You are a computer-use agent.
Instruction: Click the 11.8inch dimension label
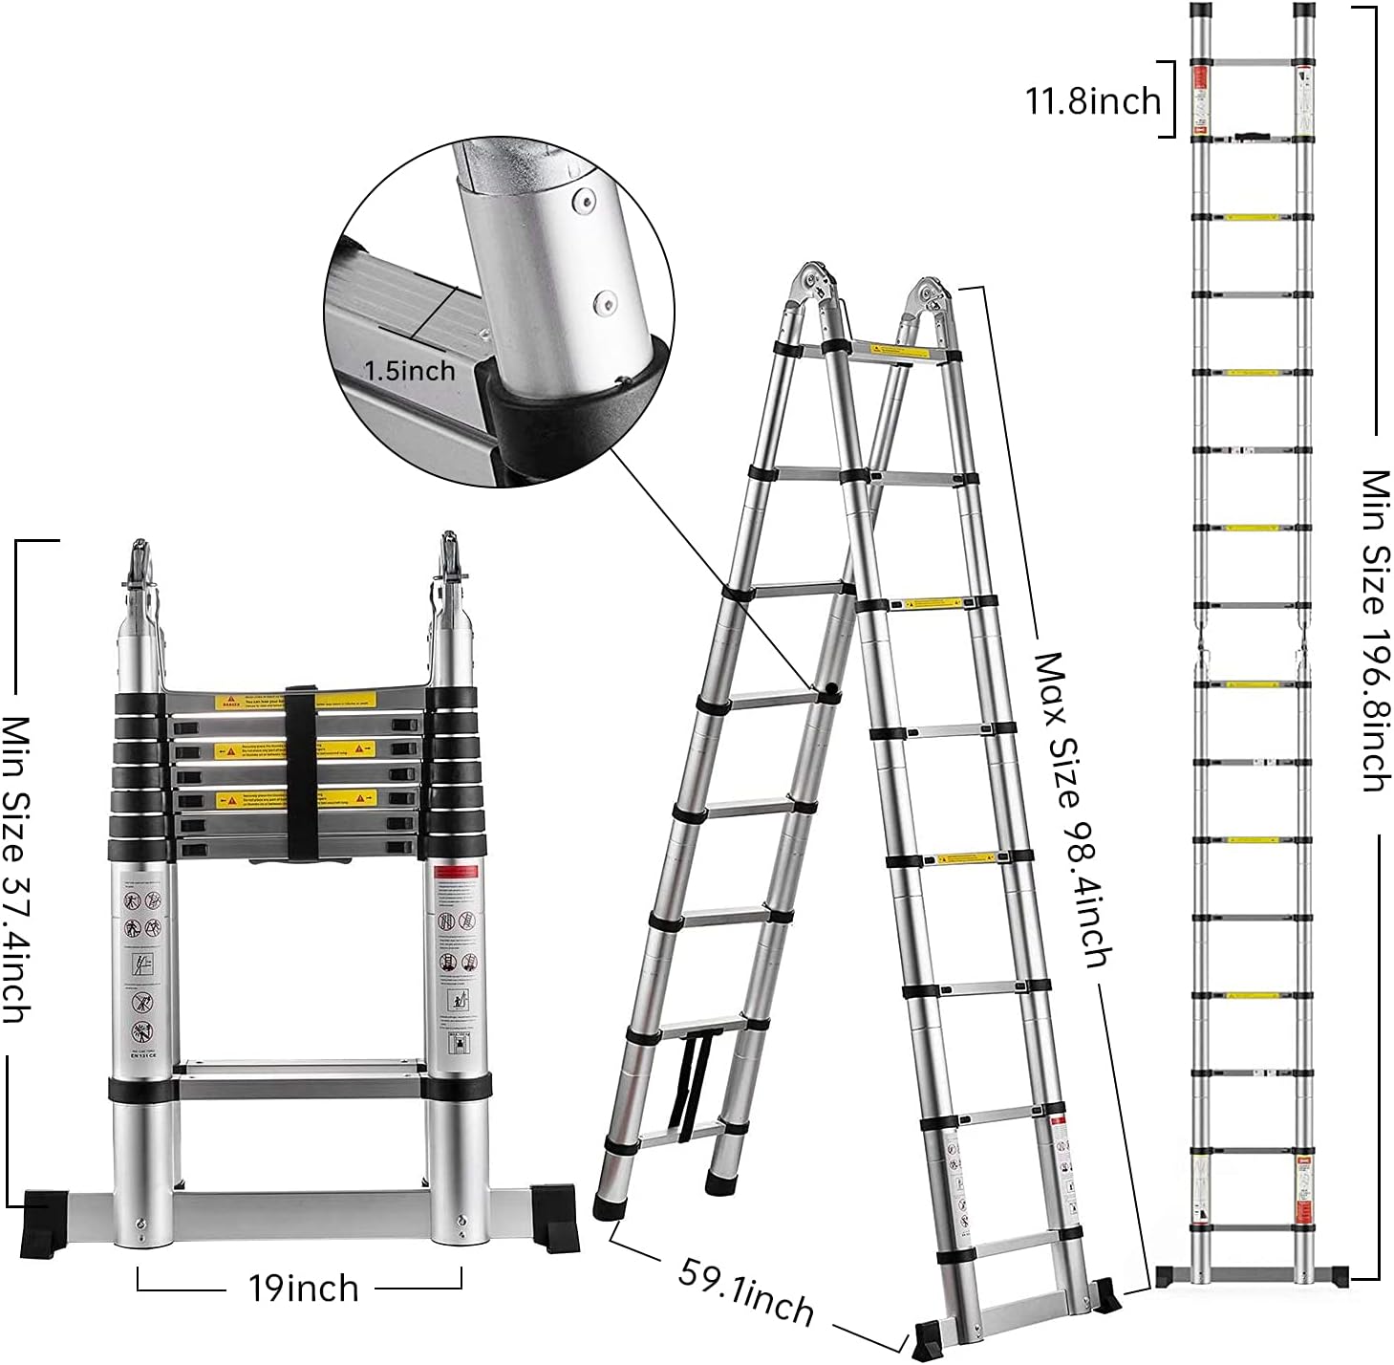tap(1092, 100)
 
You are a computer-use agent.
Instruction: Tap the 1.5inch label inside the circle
tap(410, 370)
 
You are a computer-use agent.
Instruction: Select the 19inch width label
tap(303, 1288)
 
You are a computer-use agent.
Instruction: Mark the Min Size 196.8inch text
tap(1374, 630)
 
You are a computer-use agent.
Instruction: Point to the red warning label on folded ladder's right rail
tap(457, 871)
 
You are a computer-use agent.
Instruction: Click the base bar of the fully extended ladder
tap(1252, 1275)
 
